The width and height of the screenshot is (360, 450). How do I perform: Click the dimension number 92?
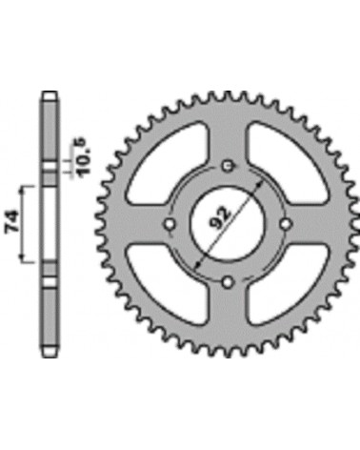point(222,217)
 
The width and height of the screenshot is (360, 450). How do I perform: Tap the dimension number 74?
point(11,222)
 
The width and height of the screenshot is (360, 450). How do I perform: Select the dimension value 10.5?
point(82,155)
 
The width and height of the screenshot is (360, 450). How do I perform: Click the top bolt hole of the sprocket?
point(228,166)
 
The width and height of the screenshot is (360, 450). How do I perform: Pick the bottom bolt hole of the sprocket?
point(228,282)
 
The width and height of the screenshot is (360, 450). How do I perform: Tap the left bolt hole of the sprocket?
point(170,224)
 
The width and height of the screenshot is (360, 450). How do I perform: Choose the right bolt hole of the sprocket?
point(286,224)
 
